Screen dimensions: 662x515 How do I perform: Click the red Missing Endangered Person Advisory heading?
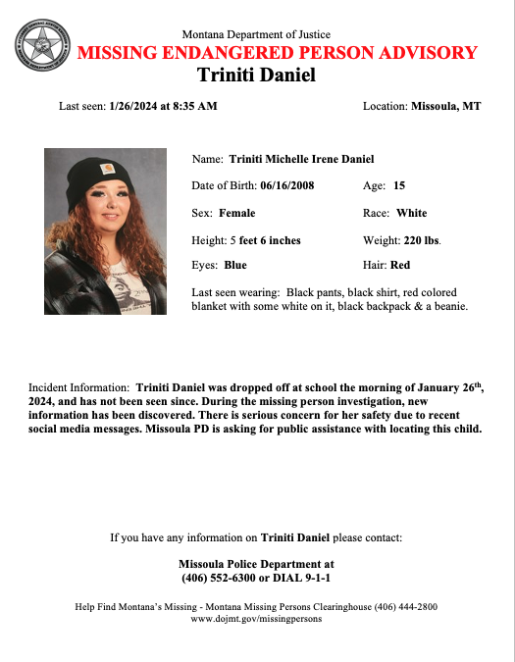click(x=277, y=53)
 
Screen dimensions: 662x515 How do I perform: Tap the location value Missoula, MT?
click(x=446, y=106)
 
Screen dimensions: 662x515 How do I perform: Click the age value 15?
click(x=399, y=185)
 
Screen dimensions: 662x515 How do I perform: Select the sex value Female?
click(x=237, y=213)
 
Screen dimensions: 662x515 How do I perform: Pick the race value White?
click(x=411, y=213)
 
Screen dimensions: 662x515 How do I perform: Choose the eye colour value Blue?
click(x=235, y=265)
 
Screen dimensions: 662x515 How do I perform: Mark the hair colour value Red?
click(x=400, y=265)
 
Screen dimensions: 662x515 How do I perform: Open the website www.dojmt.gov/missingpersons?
click(x=256, y=620)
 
